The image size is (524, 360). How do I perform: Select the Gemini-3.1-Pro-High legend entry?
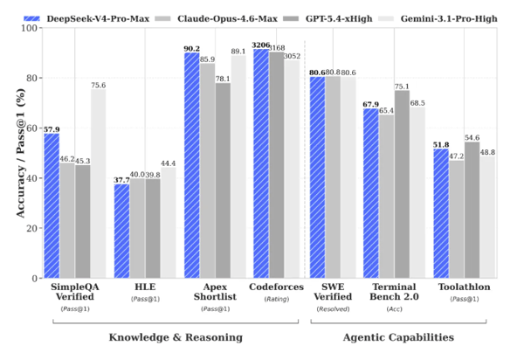click(437, 17)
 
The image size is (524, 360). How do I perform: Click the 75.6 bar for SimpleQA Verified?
click(99, 183)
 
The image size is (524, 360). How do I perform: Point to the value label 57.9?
click(52, 128)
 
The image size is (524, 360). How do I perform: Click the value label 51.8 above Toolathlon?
click(439, 143)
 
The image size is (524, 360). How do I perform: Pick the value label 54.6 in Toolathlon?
click(472, 136)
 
